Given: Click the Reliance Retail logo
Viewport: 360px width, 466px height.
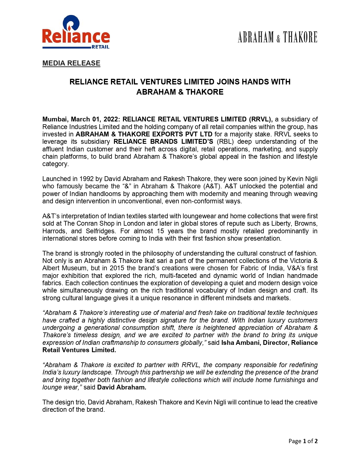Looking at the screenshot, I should [76, 32].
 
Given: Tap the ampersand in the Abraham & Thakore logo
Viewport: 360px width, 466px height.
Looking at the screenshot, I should [278, 38].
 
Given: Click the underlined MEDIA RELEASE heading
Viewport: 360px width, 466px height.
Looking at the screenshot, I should [71, 63].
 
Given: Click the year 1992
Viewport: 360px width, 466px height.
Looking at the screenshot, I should [86, 179].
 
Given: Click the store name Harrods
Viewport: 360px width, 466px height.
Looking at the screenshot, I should [54, 231].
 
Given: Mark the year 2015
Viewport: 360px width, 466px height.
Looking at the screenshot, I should [117, 268].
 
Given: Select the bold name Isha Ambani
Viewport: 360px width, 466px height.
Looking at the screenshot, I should [241, 343].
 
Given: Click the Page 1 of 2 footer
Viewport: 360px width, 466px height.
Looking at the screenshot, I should [303, 441].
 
